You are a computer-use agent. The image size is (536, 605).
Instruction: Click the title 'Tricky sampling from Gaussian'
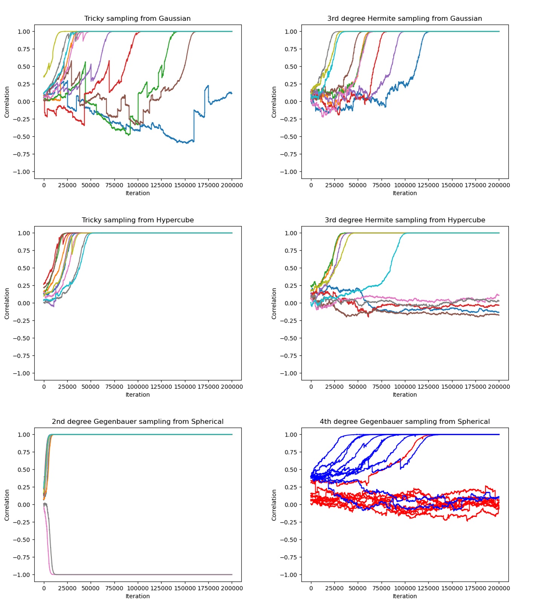point(137,18)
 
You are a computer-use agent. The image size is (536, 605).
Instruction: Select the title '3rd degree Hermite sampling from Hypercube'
point(405,220)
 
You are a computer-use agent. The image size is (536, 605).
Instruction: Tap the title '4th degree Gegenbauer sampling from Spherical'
point(405,422)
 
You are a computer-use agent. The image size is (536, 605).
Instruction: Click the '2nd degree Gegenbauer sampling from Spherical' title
point(138,422)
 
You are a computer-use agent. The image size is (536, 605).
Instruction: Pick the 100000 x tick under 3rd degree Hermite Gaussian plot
point(405,185)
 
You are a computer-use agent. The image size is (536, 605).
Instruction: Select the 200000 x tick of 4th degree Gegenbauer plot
point(499,588)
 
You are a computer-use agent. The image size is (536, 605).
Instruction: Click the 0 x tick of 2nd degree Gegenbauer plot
point(44,588)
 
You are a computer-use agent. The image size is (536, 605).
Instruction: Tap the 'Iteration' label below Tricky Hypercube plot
point(138,395)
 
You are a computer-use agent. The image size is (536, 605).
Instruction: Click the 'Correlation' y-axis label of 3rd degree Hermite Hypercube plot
point(274,304)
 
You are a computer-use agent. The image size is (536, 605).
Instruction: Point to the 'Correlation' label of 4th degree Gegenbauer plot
point(274,505)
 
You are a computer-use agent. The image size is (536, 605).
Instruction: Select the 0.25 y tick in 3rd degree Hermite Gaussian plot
point(291,84)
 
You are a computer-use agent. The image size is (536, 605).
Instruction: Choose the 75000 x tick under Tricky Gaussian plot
point(114,185)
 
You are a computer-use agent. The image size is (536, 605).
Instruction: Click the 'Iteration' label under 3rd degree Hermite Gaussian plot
point(405,193)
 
